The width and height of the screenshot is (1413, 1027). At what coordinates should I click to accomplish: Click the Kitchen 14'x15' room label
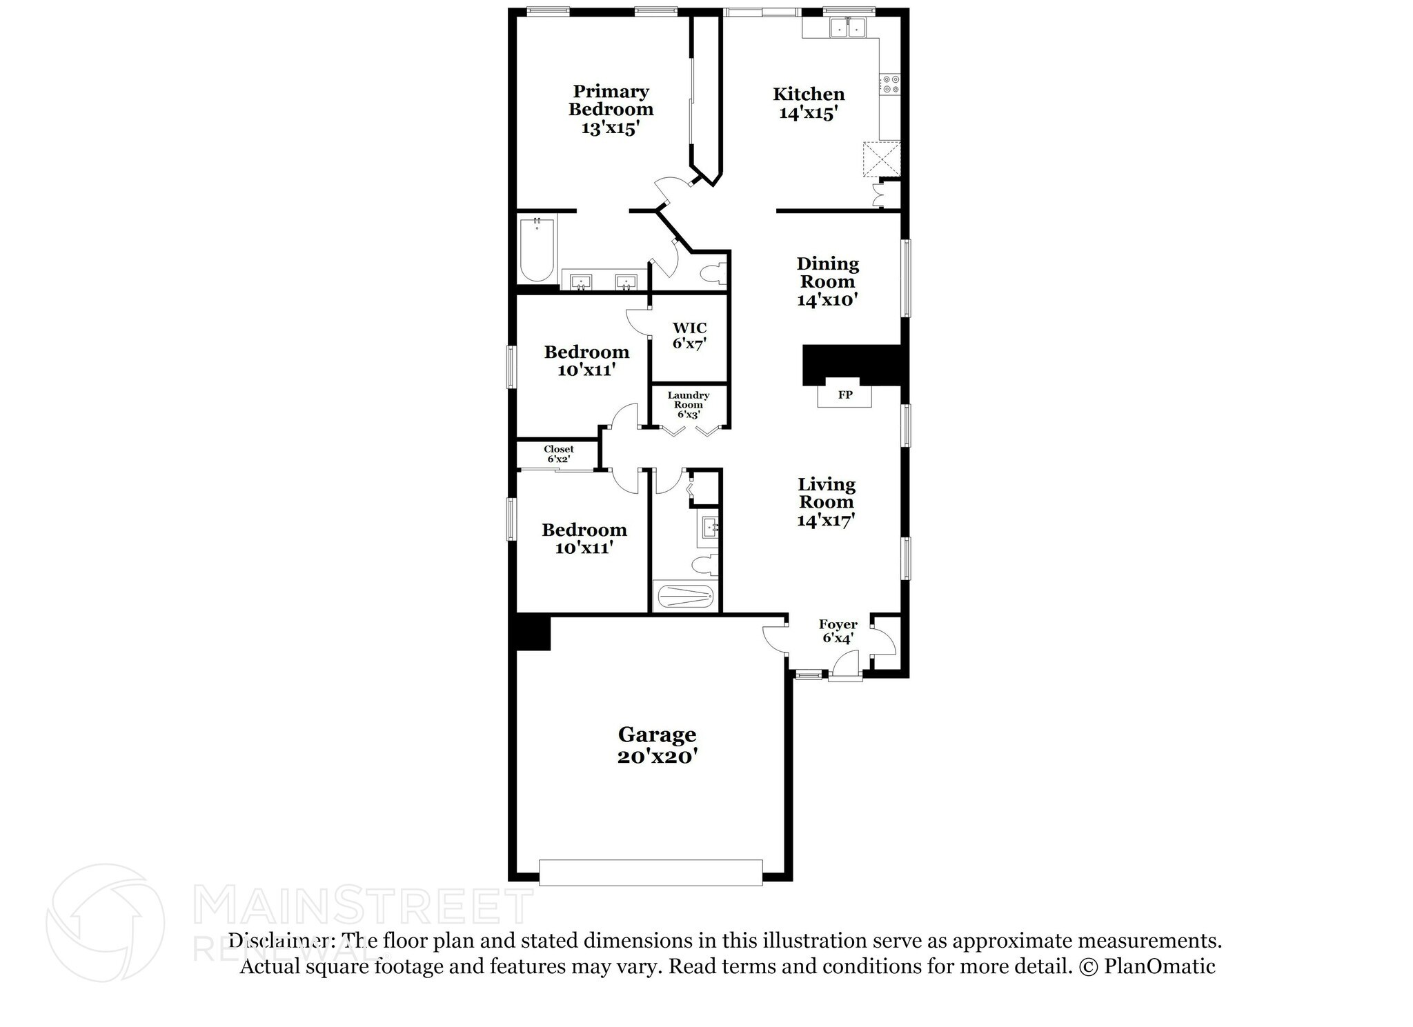[x=809, y=103]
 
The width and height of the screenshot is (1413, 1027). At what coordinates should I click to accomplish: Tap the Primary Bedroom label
[x=611, y=109]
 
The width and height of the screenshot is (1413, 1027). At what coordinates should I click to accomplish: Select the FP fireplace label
[x=844, y=395]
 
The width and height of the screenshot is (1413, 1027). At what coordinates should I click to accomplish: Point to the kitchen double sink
[x=847, y=28]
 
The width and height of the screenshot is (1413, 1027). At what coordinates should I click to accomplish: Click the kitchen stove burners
[x=891, y=84]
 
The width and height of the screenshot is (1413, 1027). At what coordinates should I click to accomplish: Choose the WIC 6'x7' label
[x=689, y=335]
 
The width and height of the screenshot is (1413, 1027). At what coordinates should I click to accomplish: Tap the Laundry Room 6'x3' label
[x=689, y=405]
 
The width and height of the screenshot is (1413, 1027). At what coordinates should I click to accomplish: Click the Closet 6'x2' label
[x=558, y=454]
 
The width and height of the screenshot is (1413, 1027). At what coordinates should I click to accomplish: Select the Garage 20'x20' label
[x=657, y=745]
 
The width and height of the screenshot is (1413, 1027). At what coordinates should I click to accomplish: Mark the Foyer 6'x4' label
[x=838, y=631]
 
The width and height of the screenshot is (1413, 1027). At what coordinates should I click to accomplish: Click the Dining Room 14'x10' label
[x=827, y=281]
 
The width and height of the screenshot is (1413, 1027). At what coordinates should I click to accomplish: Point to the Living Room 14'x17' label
[x=827, y=502]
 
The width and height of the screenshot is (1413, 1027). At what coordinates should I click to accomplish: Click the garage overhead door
[x=651, y=872]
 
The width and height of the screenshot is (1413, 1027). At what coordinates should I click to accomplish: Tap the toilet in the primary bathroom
[x=712, y=275]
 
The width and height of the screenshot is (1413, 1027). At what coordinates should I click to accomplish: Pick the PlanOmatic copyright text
[x=1146, y=966]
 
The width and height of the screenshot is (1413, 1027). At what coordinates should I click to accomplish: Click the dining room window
[x=907, y=278]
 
